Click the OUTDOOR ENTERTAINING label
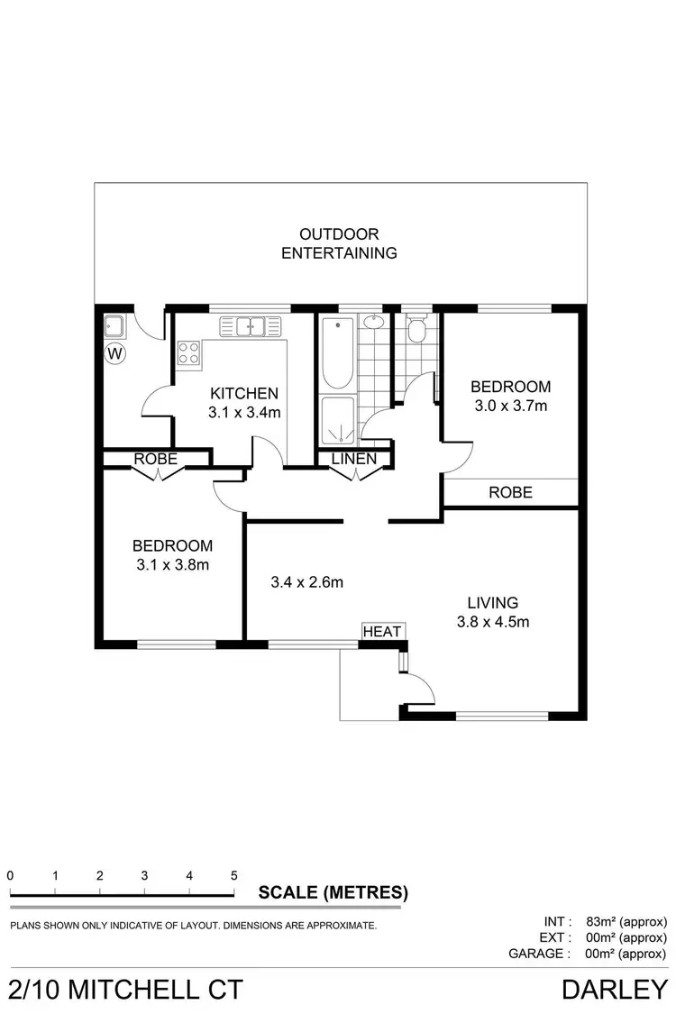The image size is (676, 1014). (339, 243)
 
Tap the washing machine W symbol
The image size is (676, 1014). (114, 353)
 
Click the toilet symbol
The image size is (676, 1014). (416, 331)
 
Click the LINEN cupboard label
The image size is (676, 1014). (353, 459)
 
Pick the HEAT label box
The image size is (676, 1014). (382, 632)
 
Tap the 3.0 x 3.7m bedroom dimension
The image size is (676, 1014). (510, 406)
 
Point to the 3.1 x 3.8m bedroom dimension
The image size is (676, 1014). (172, 565)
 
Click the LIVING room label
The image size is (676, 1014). (492, 602)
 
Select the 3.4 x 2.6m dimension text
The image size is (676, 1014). (307, 582)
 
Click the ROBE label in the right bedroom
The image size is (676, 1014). (510, 492)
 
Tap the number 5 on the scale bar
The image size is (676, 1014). (233, 875)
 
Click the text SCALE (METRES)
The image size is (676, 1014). (333, 893)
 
